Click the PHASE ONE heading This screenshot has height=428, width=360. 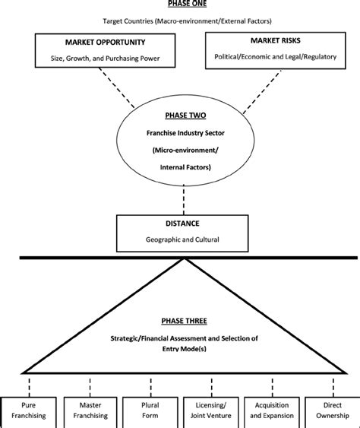(x=187, y=3)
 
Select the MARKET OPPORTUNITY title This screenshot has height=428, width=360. (x=106, y=43)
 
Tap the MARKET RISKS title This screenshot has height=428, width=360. (x=276, y=40)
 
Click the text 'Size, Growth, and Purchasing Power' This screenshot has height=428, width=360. (x=106, y=59)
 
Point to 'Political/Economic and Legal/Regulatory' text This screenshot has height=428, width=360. (x=276, y=57)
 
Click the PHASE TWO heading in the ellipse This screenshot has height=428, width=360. (x=185, y=116)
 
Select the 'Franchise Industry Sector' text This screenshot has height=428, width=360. (x=185, y=133)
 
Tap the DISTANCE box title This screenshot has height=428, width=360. (x=182, y=224)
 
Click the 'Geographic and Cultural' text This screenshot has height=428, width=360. (x=182, y=239)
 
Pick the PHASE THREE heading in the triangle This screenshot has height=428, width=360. (x=184, y=321)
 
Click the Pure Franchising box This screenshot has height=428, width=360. (x=29, y=413)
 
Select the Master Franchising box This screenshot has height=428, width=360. (x=90, y=413)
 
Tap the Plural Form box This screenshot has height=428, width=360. (x=150, y=413)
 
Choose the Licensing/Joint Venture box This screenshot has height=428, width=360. (x=211, y=413)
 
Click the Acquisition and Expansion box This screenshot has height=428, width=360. (x=272, y=413)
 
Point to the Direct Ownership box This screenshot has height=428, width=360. (x=333, y=413)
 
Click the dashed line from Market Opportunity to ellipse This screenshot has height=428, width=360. (x=117, y=87)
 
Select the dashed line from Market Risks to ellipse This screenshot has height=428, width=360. (x=262, y=91)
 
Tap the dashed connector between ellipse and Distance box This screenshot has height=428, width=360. (x=184, y=200)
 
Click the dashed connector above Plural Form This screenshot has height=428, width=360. (x=151, y=387)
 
